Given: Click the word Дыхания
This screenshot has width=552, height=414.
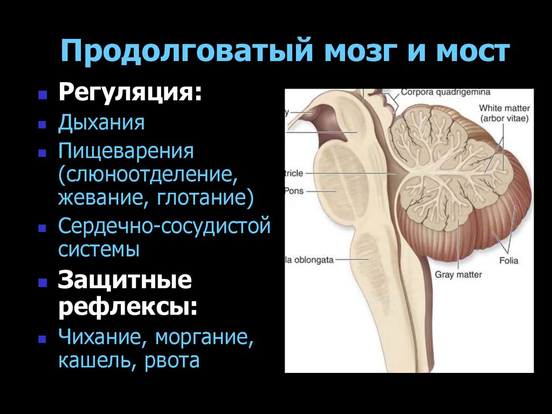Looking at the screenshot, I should tap(101, 123).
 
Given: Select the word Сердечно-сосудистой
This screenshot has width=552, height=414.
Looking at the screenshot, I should tap(164, 225).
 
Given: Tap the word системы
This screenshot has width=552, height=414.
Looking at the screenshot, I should tap(99, 249).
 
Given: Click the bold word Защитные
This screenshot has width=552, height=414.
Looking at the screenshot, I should tap(125, 282).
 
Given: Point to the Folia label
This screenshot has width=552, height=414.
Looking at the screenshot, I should tap(508, 261).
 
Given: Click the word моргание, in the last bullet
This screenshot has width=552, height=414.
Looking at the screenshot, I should tap(204, 338).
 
